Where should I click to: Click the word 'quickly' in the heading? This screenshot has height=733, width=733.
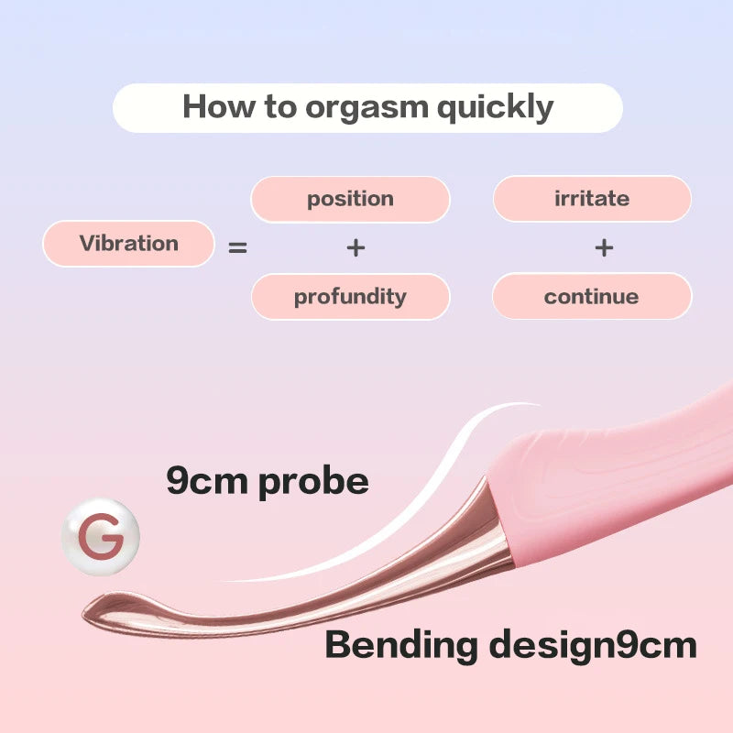pyautogui.click(x=495, y=107)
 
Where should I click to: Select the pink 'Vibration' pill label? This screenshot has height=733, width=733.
pyautogui.click(x=128, y=244)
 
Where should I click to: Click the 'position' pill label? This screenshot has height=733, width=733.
pyautogui.click(x=350, y=199)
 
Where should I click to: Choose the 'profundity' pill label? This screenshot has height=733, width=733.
pyautogui.click(x=350, y=297)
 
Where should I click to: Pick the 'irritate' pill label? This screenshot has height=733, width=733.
pyautogui.click(x=592, y=199)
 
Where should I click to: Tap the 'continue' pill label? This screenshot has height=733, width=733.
pyautogui.click(x=591, y=297)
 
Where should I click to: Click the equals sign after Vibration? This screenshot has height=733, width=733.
pyautogui.click(x=238, y=246)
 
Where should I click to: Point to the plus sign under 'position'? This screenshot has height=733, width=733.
pyautogui.click(x=356, y=247)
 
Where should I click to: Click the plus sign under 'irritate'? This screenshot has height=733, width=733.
pyautogui.click(x=604, y=247)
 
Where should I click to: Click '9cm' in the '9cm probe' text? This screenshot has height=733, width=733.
pyautogui.click(x=208, y=480)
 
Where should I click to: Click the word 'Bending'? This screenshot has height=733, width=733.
pyautogui.click(x=401, y=645)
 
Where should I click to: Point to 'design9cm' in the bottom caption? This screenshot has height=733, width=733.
pyautogui.click(x=591, y=645)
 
